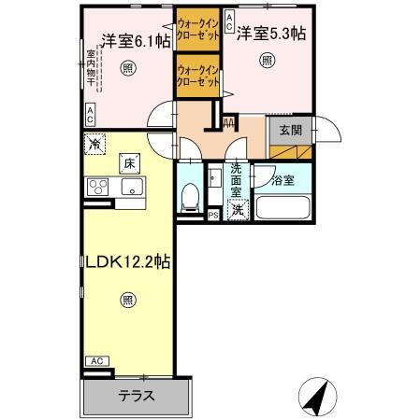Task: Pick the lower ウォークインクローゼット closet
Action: pyautogui.click(x=197, y=76)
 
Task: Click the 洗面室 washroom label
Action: pyautogui.click(x=237, y=179)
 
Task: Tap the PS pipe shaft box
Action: pyautogui.click(x=214, y=215)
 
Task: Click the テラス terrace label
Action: pyautogui.click(x=137, y=395)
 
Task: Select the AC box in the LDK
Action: pyautogui.click(x=95, y=360)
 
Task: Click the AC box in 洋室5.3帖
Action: pyautogui.click(x=228, y=28)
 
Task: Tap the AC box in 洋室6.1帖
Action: pyautogui.click(x=90, y=116)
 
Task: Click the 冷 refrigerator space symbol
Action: pyautogui.click(x=94, y=144)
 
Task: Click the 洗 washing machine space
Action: pyautogui.click(x=238, y=210)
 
